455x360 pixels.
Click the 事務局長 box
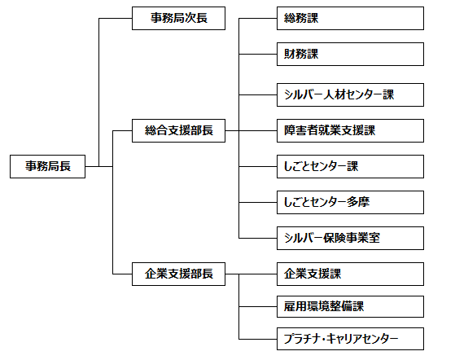point(47,166)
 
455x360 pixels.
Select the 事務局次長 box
point(178,18)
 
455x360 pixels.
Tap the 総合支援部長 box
point(178,130)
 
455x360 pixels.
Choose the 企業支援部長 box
point(178,274)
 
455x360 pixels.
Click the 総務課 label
point(301,18)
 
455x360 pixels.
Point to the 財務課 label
point(301,54)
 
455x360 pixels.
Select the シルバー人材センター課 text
point(339,94)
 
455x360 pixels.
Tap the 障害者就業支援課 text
point(330,130)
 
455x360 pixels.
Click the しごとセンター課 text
point(321,166)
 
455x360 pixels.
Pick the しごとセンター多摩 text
point(326,202)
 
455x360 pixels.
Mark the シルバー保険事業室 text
point(332,238)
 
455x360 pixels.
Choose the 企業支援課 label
point(313,274)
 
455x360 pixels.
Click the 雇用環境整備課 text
point(324,306)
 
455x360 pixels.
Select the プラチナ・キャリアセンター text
point(341,339)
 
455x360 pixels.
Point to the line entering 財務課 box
point(258,54)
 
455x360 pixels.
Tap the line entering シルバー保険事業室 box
point(258,239)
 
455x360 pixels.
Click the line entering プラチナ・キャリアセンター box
point(258,339)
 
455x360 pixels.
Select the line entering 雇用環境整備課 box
point(258,306)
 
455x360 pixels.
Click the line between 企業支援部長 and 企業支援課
point(251,274)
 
